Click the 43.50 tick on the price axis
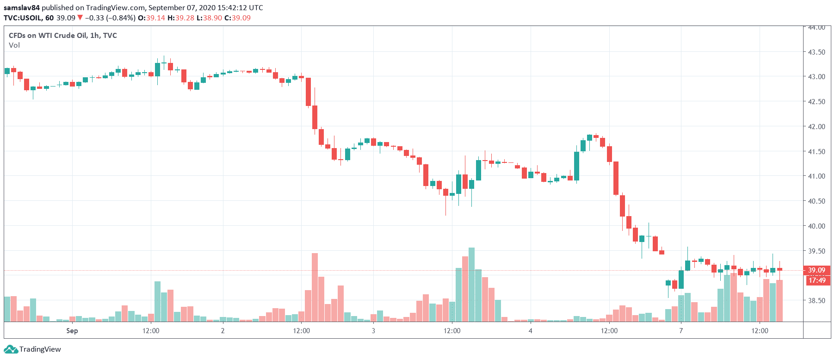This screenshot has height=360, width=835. pos(816,52)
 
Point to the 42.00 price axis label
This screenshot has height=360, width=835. pos(816,126)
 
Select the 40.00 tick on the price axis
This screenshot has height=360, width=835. pos(816,226)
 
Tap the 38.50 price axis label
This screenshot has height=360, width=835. pos(816,301)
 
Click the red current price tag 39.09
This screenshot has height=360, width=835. pos(816,270)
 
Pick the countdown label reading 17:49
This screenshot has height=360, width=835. pos(817,280)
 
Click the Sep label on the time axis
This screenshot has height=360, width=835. pos(72,331)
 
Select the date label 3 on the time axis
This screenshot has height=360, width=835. pos(373,331)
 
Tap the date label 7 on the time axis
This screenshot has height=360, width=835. pos(681,331)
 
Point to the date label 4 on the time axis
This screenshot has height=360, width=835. pos(530,331)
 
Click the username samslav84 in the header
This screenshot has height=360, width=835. pos(22,8)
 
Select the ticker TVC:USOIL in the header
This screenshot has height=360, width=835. pos(23,18)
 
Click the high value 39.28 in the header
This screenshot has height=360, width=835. pos(181,18)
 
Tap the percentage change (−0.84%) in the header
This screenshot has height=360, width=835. pos(121,18)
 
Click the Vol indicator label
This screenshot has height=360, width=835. pos(14,45)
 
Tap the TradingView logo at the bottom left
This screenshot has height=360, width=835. pos(32,349)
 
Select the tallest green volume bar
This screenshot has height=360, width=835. pos(471,285)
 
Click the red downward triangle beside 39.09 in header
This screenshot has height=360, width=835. pos(80,18)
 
